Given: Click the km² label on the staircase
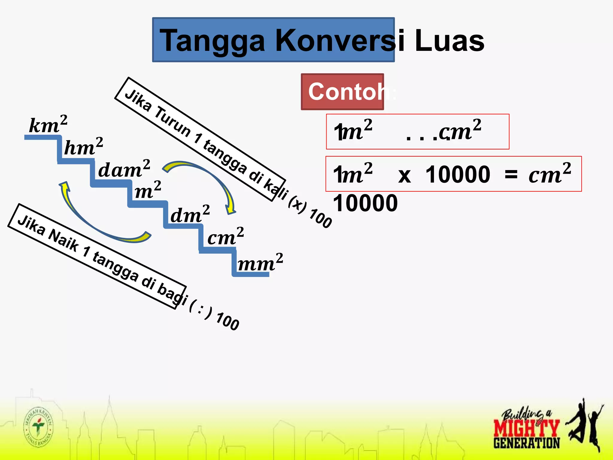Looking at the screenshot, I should (x=48, y=124).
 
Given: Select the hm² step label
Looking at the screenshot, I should (x=84, y=147).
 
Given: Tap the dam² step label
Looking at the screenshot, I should (x=124, y=169).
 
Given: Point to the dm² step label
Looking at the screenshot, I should (x=190, y=214).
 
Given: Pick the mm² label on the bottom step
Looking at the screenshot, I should (x=260, y=263).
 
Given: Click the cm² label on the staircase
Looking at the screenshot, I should (x=225, y=237).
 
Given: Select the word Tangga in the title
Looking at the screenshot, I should (x=213, y=41).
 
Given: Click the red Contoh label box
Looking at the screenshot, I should (x=342, y=92).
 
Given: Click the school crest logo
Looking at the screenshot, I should (x=38, y=427).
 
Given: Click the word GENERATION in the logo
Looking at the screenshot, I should (x=526, y=443).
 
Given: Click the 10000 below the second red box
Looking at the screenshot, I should (x=365, y=203).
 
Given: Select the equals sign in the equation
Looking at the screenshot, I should (x=511, y=174).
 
